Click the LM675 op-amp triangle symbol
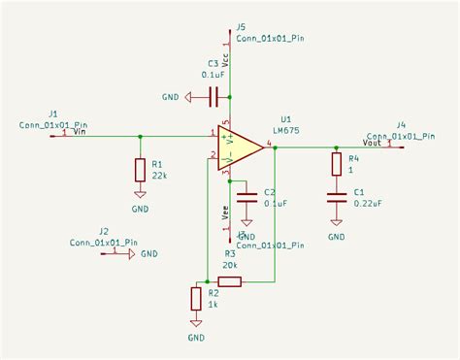(x=243, y=148)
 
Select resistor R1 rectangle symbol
(x=141, y=171)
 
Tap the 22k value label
(x=158, y=176)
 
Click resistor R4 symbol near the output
(x=336, y=164)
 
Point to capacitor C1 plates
(x=336, y=197)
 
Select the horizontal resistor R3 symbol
(x=230, y=281)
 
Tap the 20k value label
(x=230, y=265)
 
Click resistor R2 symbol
(x=197, y=298)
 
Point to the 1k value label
(x=214, y=303)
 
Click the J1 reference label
(x=53, y=114)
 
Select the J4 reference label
(x=401, y=124)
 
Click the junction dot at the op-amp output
(x=276, y=148)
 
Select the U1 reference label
(x=285, y=119)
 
